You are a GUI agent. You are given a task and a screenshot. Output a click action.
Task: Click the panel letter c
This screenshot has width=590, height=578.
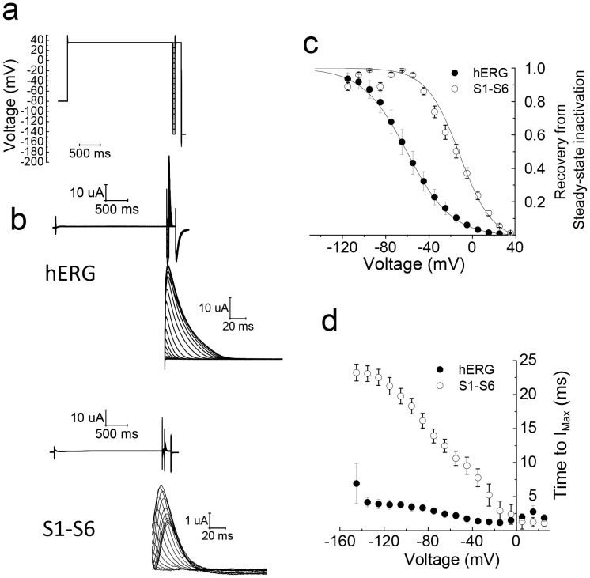click(x=313, y=43)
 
